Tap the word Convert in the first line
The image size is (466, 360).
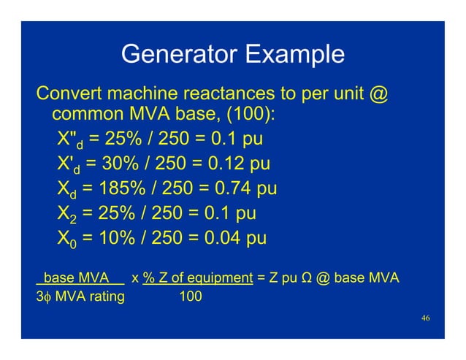(72, 95)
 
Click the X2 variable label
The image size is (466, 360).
(67, 215)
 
